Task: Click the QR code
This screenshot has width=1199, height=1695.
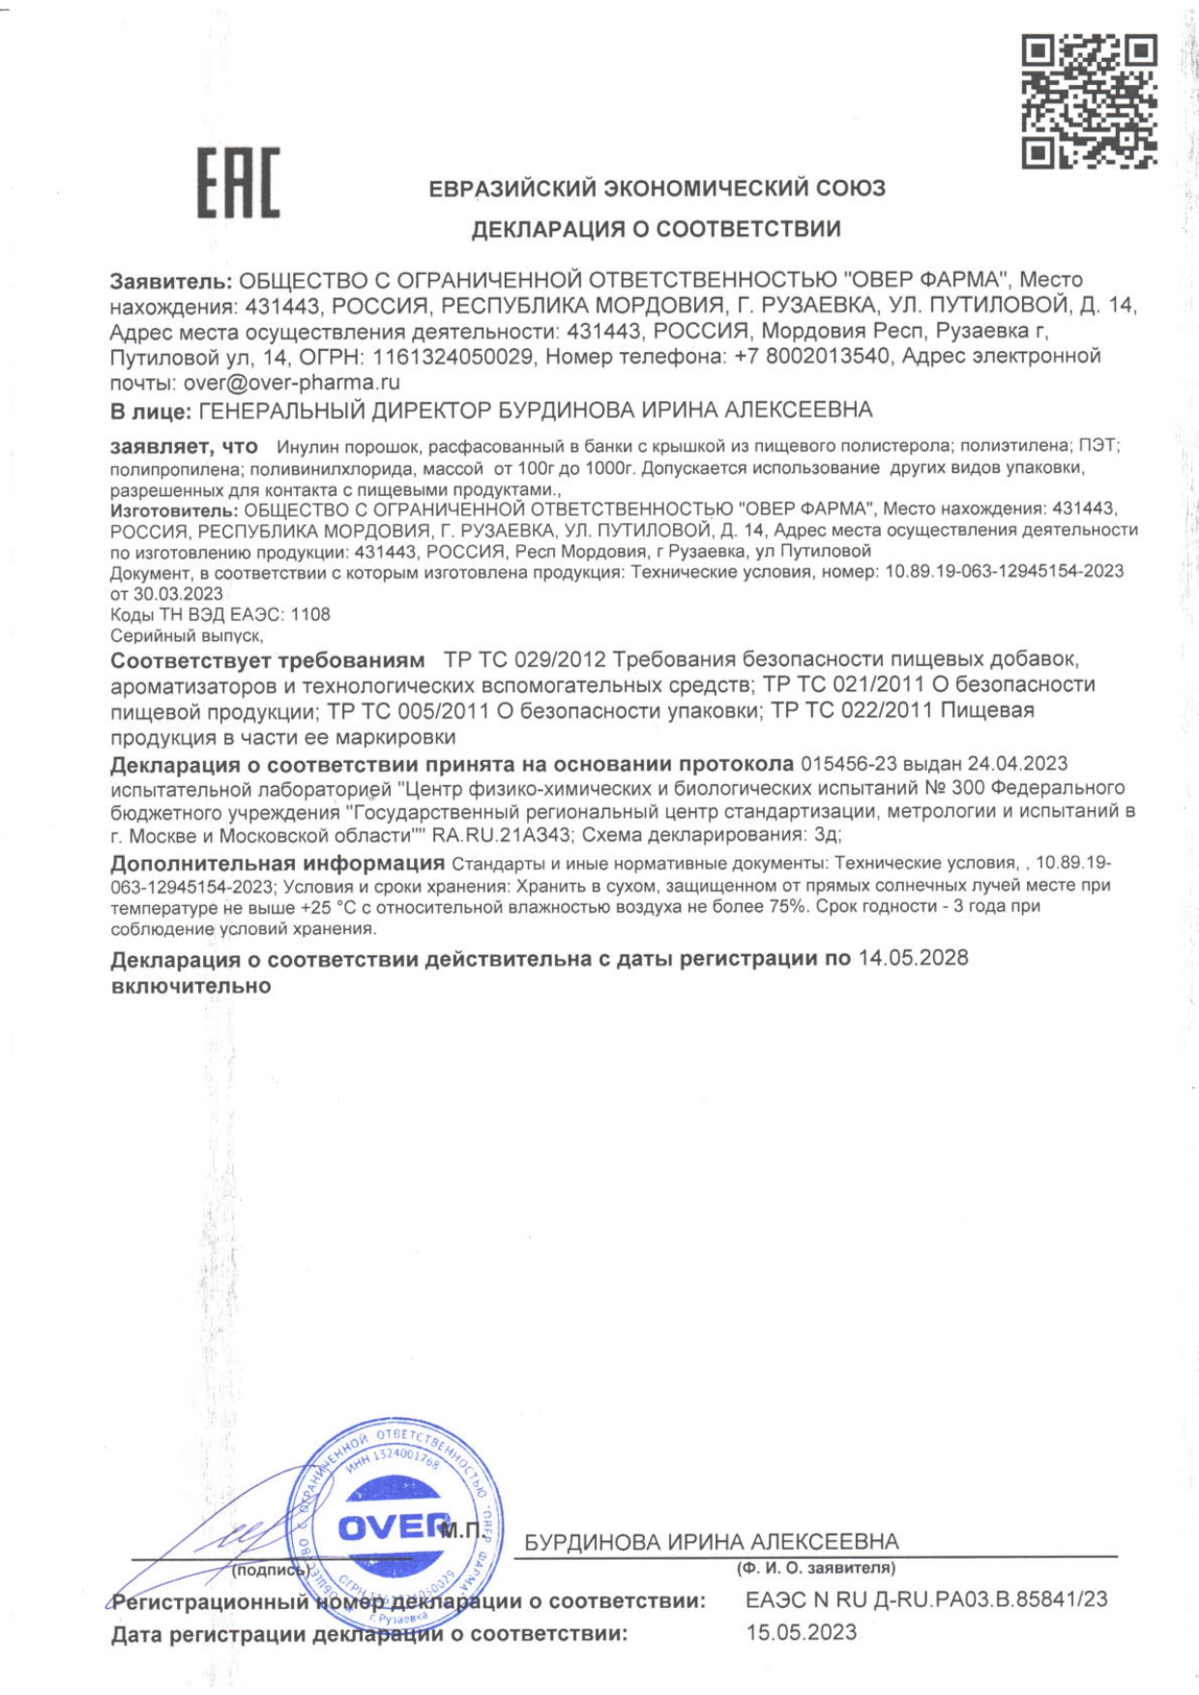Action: pyautogui.click(x=1089, y=102)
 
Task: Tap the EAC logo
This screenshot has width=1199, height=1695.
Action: pyautogui.click(x=239, y=183)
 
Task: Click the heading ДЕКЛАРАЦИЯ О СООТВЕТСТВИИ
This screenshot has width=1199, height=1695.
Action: pyautogui.click(x=656, y=229)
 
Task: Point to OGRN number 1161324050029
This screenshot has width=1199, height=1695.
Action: pyautogui.click(x=453, y=357)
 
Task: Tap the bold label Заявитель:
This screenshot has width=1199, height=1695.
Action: pyautogui.click(x=171, y=281)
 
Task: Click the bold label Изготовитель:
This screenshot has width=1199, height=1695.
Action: pyautogui.click(x=173, y=510)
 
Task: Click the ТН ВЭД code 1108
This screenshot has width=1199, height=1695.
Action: pyautogui.click(x=310, y=615)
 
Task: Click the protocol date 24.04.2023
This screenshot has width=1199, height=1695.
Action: pyautogui.click(x=1017, y=765)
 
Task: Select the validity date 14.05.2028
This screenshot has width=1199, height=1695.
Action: pyautogui.click(x=913, y=958)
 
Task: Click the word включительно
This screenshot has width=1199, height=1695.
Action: pyautogui.click(x=190, y=987)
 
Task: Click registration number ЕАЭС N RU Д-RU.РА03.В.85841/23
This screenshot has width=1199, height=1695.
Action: pyautogui.click(x=926, y=1600)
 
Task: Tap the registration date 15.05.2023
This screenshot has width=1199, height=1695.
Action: pyautogui.click(x=801, y=1633)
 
